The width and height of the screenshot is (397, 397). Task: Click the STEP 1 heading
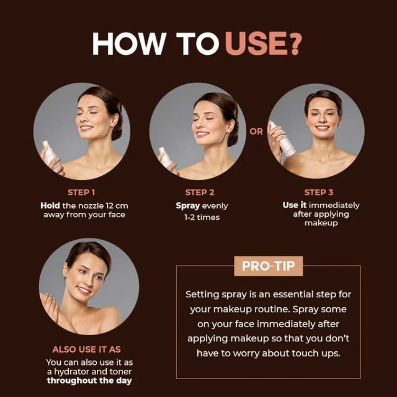click(x=81, y=192)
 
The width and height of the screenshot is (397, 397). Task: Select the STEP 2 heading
click(x=200, y=192)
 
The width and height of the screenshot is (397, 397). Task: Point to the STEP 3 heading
click(x=319, y=192)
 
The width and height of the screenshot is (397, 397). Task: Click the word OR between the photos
click(x=256, y=132)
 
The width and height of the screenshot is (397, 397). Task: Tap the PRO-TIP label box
click(x=268, y=266)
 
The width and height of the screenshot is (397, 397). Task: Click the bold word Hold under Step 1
click(x=50, y=205)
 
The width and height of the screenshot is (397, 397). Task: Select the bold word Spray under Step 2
click(x=188, y=206)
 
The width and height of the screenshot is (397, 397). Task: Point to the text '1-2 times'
click(x=202, y=217)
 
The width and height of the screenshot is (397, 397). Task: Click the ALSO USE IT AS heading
click(x=87, y=350)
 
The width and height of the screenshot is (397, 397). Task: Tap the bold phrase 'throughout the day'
click(x=89, y=380)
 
